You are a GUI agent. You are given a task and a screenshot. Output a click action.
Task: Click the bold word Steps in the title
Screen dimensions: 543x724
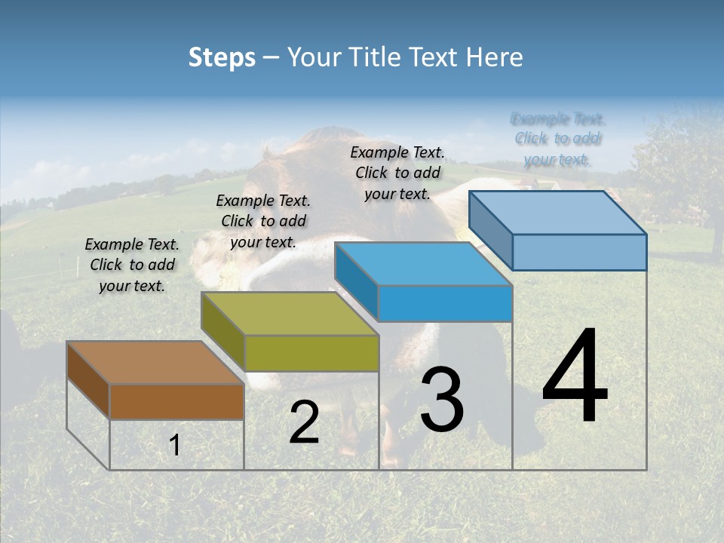click(222, 57)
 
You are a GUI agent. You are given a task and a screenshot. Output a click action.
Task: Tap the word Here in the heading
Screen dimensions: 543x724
click(494, 57)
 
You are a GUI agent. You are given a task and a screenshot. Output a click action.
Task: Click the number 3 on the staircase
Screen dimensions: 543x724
click(441, 399)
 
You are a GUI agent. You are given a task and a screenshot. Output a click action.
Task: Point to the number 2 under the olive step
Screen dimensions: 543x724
click(304, 423)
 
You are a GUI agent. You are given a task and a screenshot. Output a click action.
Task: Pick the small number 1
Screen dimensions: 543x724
click(174, 446)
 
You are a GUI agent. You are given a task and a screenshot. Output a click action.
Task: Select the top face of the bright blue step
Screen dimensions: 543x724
click(423, 264)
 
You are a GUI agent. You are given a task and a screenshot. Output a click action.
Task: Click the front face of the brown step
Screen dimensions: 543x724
click(176, 401)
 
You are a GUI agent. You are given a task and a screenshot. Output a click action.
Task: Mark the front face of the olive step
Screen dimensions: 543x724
click(311, 353)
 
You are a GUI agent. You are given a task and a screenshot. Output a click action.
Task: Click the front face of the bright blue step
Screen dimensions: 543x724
click(445, 303)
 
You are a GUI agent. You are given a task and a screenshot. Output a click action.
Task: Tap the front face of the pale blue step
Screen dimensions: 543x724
click(579, 252)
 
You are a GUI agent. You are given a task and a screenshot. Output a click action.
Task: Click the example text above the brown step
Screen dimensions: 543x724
click(132, 265)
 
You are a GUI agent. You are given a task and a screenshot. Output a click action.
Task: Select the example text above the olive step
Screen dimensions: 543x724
click(263, 221)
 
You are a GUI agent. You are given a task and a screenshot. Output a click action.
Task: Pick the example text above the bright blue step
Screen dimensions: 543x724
click(397, 173)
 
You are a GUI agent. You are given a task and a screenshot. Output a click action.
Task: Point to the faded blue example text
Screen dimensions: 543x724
click(557, 139)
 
